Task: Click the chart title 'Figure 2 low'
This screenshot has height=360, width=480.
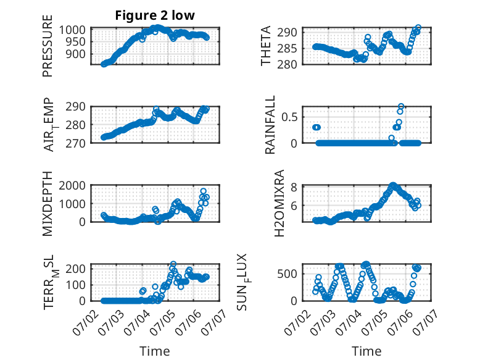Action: pos(155,15)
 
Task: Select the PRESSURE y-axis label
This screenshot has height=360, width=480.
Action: pos(48,46)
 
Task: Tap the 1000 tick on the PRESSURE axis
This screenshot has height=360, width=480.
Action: pos(72,30)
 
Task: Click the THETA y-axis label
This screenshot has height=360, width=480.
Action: pos(266,46)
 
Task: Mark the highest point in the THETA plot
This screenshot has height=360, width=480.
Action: pos(418,28)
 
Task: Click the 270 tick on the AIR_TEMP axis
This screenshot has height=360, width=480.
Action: pos(75,143)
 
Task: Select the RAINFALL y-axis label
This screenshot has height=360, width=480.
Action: pos(270,124)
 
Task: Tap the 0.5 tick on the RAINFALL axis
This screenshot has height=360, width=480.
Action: pos(289,117)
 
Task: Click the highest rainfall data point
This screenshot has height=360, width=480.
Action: pos(401,106)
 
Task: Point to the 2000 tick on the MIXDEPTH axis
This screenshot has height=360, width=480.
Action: pos(72,185)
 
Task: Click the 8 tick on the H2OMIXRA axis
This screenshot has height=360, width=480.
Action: pos(294,187)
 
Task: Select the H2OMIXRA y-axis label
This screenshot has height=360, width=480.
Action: pos(279,203)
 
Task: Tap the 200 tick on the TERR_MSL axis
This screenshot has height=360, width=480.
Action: pos(75,269)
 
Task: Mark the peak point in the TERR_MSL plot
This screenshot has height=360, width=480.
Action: pos(173,264)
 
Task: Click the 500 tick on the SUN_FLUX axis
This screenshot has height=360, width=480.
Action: pos(287,274)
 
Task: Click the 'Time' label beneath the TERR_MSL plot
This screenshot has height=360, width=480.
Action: pos(155,351)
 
